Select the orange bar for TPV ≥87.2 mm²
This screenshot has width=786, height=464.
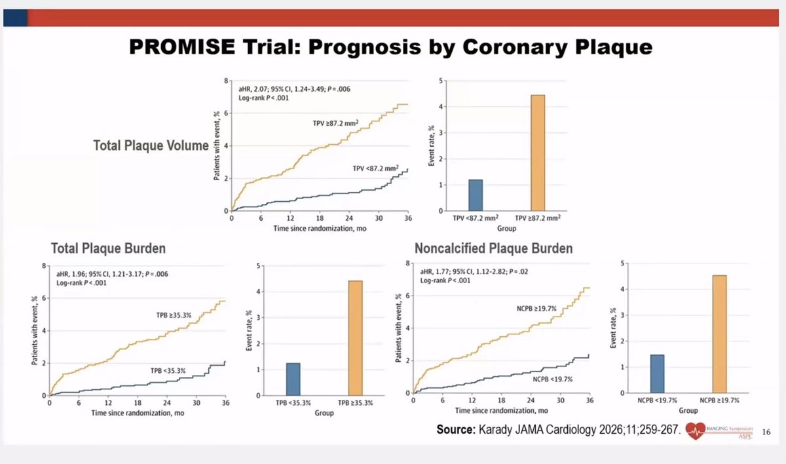coord(537,153)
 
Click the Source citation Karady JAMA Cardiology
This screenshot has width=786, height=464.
coord(556,430)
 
